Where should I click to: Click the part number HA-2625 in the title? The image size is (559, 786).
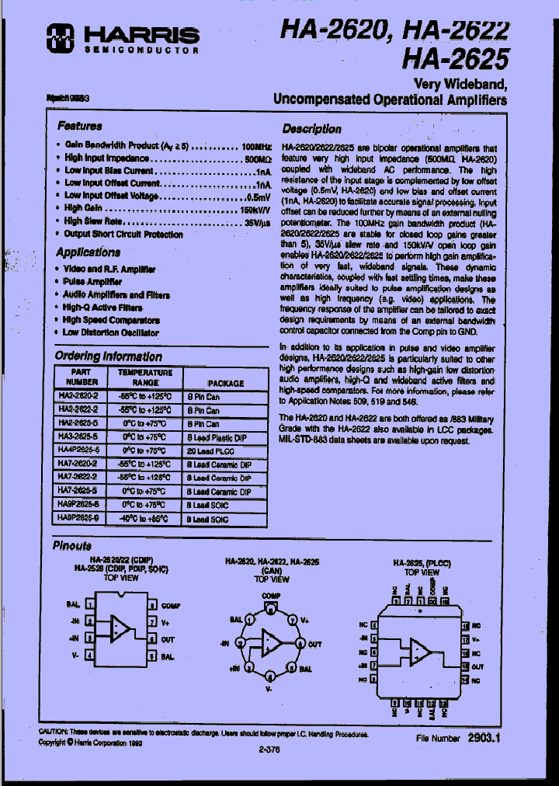(456, 58)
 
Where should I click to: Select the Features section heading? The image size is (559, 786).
(80, 125)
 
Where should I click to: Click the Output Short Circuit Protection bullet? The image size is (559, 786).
(123, 234)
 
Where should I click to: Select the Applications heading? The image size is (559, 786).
(88, 252)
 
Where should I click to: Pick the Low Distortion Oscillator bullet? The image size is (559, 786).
(111, 332)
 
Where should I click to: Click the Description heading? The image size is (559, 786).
(311, 129)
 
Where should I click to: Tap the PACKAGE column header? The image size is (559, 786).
(225, 383)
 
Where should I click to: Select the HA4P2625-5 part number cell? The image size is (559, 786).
(78, 450)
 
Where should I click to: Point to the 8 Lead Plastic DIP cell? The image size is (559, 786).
(218, 437)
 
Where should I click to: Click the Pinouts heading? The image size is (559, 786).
(71, 546)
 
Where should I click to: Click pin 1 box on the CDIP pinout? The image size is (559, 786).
(90, 604)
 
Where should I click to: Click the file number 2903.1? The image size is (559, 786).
(483, 740)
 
